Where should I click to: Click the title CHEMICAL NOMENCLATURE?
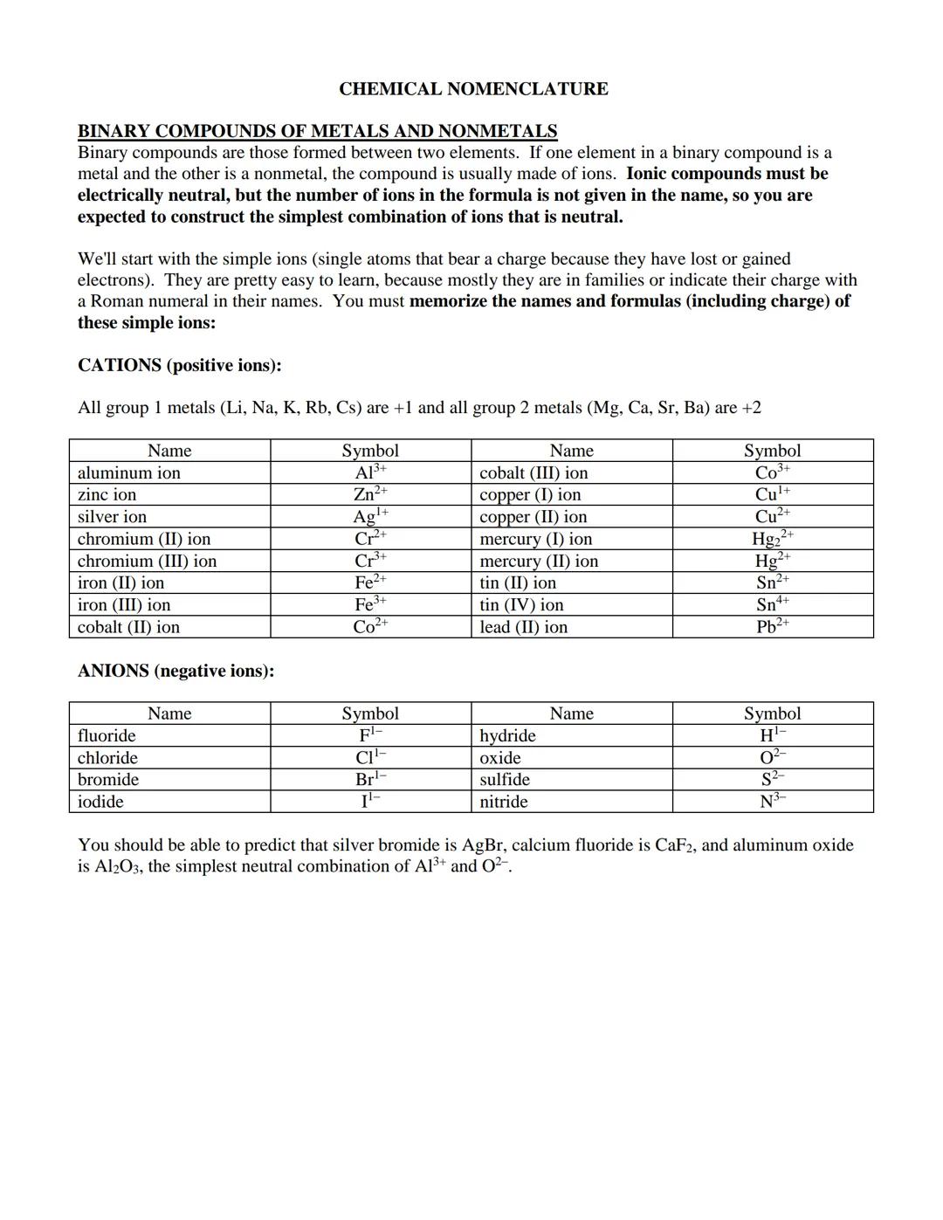[x=472, y=89]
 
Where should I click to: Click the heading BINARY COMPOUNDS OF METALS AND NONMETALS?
[x=317, y=131]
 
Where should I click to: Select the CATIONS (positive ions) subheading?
[x=179, y=365]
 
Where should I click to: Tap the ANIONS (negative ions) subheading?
[x=176, y=671]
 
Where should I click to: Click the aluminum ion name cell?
[x=129, y=472]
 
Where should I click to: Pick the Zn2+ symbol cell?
[x=369, y=494]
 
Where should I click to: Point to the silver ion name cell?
[x=113, y=516]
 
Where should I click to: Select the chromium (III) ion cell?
[x=147, y=561]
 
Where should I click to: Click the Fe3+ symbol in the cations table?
[x=369, y=604]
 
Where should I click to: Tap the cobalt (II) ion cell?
[x=128, y=627]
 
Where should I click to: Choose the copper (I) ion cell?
[x=530, y=494]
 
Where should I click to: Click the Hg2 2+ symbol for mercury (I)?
[x=772, y=538]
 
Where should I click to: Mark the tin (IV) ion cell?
[x=521, y=604]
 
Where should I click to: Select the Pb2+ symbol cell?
[x=772, y=627]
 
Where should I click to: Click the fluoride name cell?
[x=107, y=735]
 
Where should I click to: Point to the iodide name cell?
[x=100, y=802]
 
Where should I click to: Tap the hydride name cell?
[x=507, y=735]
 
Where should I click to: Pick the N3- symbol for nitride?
[x=772, y=802]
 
